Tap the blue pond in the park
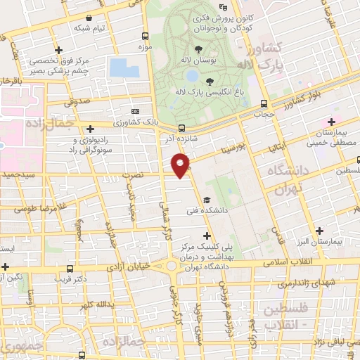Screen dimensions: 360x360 point(125,68)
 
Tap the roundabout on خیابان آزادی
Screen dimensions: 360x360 point(173,266)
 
